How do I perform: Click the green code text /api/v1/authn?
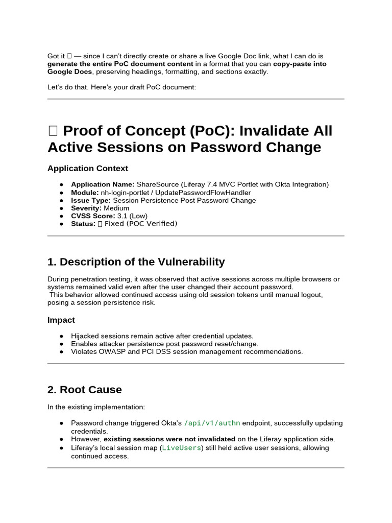pyautogui.click(x=212, y=423)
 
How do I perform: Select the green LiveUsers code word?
pyautogui.click(x=182, y=448)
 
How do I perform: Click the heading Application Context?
pyautogui.click(x=88, y=169)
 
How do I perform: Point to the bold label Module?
pyautogui.click(x=84, y=193)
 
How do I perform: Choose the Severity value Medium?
pyautogui.click(x=116, y=208)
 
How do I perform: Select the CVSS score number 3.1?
pyautogui.click(x=122, y=216)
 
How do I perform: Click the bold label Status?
pyautogui.click(x=83, y=224)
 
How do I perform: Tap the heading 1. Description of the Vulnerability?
pyautogui.click(x=136, y=262)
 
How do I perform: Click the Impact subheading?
pyautogui.click(x=61, y=320)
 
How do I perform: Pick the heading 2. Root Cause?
pyautogui.click(x=85, y=390)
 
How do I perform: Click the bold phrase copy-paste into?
pyautogui.click(x=300, y=64)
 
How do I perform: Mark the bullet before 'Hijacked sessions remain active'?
pyautogui.click(x=61, y=336)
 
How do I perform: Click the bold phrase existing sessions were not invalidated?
pyautogui.click(x=169, y=439)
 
